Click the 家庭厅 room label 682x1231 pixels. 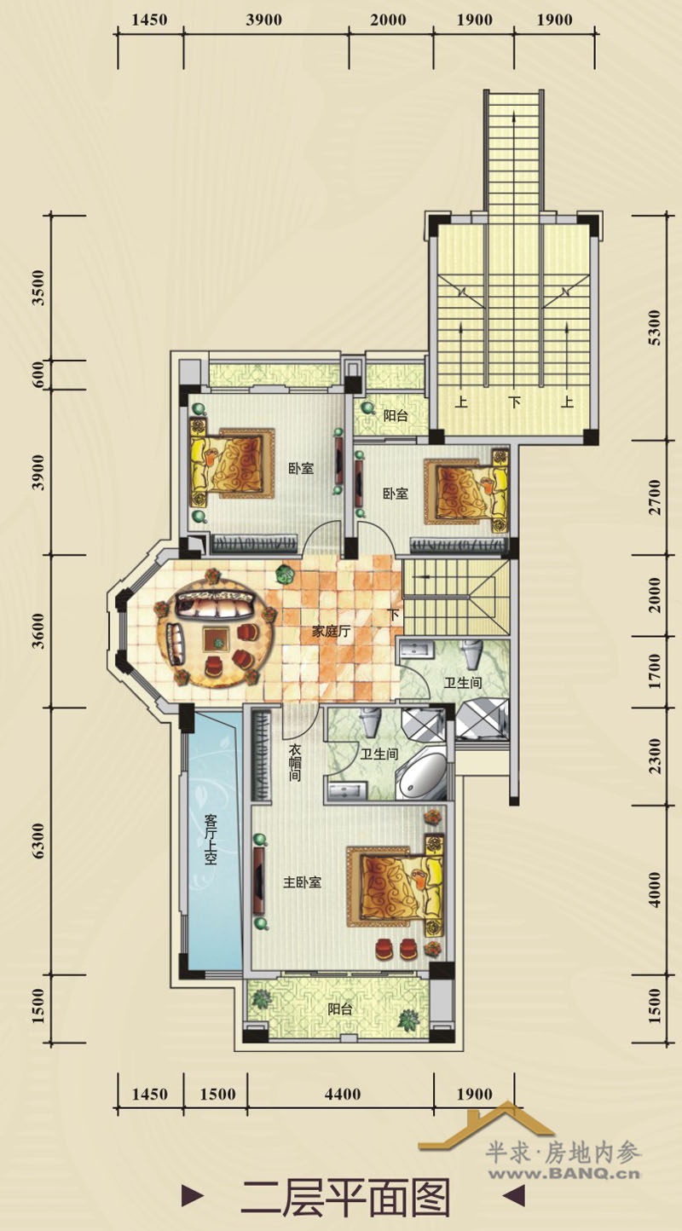(331, 632)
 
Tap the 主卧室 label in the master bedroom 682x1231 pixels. (303, 882)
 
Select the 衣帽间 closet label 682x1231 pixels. (295, 763)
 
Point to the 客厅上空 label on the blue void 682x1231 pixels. (211, 839)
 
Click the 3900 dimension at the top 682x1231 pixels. (263, 20)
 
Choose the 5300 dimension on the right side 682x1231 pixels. (654, 327)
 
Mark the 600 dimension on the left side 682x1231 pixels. (38, 375)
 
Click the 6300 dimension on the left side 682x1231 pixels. (38, 841)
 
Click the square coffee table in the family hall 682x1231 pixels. (217, 640)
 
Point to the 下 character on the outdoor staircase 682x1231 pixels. (514, 402)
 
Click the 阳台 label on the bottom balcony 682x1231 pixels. (339, 1009)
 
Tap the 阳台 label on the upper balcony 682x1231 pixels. (396, 415)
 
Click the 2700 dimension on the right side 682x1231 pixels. (654, 497)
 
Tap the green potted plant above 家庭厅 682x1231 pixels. (285, 575)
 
